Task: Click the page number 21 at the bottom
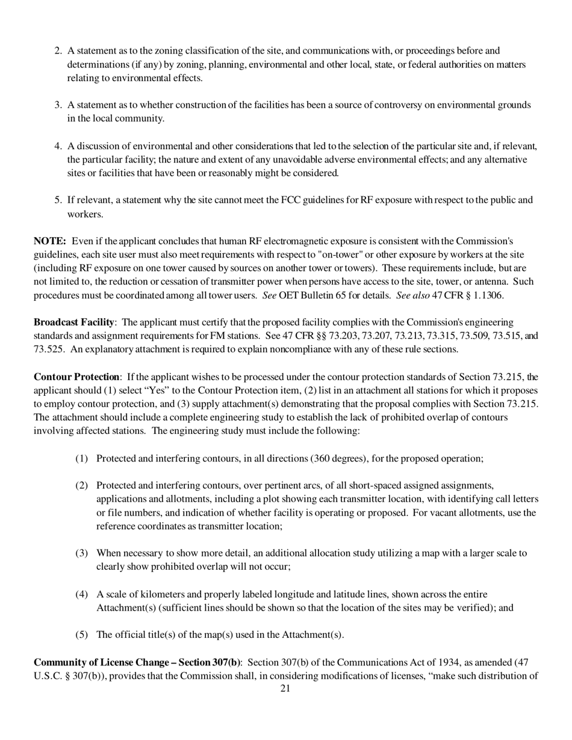285,688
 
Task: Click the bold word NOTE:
49,241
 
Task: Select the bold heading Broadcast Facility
74,322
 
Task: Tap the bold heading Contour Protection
76,377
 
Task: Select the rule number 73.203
309,336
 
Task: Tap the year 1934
449,662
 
